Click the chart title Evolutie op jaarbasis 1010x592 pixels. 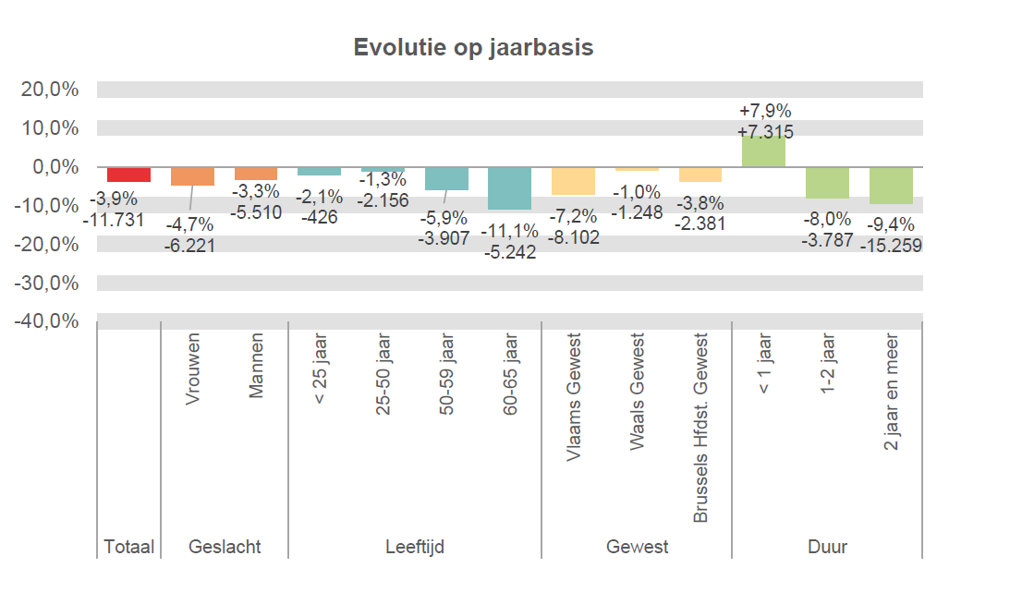(x=473, y=47)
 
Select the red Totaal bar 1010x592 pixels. (x=128, y=175)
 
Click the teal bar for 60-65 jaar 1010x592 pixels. (x=510, y=188)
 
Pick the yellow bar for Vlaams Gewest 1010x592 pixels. (x=573, y=181)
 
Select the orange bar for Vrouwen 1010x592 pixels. (x=192, y=176)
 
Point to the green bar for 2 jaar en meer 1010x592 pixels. (x=891, y=185)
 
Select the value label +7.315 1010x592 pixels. (x=765, y=132)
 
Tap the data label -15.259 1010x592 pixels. (x=891, y=246)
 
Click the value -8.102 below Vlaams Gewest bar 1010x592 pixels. (x=573, y=237)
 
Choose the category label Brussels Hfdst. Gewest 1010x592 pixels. (x=700, y=428)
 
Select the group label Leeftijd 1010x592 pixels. (x=415, y=547)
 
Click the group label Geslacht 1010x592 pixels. (x=225, y=547)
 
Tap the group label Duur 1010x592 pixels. (x=827, y=547)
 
